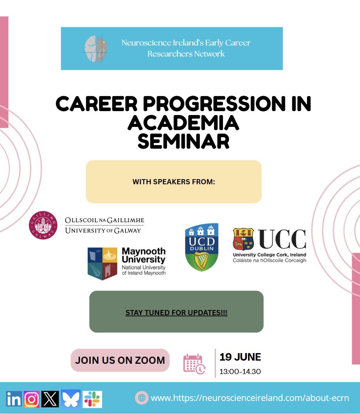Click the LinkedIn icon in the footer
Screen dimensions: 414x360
coord(14,399)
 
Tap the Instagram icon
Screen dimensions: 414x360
coord(32,399)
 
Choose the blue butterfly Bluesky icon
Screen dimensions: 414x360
coord(71,399)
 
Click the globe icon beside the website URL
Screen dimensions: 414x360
coord(141,397)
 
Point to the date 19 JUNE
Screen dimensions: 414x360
coord(240,357)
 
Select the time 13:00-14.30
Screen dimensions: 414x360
coord(240,371)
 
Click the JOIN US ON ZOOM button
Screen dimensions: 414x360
coord(120,360)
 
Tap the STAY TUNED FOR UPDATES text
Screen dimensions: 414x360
coord(176,312)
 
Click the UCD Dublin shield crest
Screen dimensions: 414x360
coord(202,247)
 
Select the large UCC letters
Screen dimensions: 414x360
coord(282,239)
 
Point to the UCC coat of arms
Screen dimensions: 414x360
coord(243,240)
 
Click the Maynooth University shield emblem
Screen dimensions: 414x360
coord(102,263)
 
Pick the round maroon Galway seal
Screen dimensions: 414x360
coord(43,225)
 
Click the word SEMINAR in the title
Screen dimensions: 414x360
coord(184,141)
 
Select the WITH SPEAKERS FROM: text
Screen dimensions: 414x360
coord(174,182)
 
